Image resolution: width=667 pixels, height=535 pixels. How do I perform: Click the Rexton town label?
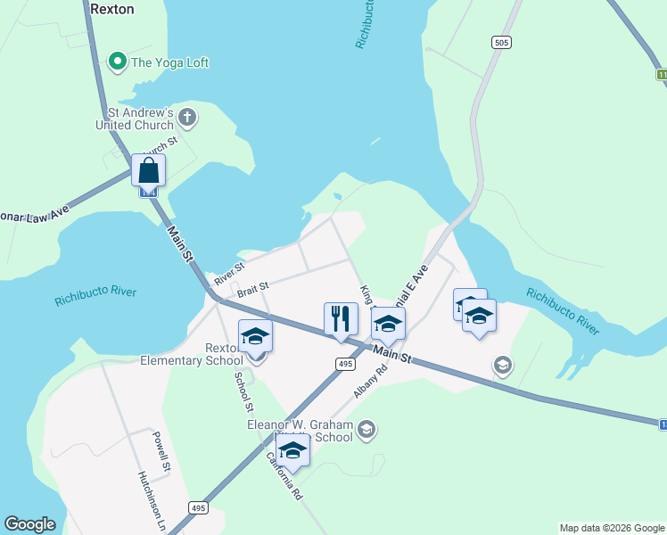coord(112,8)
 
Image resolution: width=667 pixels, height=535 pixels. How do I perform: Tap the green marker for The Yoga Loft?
coord(116,62)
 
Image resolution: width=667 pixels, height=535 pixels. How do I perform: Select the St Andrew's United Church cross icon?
coord(187,116)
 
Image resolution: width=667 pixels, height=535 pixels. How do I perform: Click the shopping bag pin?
coord(148,169)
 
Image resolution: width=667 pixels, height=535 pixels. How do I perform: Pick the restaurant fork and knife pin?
coord(341,319)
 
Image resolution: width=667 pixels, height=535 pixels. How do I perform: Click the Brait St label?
coord(252,291)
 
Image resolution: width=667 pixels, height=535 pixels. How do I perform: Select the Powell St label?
coord(161,452)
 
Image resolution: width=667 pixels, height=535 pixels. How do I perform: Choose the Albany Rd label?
coord(366,381)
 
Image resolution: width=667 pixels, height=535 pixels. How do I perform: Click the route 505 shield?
coord(499,42)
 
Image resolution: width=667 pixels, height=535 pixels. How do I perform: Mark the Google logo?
coord(29,524)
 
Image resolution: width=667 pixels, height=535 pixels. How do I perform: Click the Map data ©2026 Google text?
coord(612,528)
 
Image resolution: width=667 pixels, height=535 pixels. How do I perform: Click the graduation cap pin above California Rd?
coord(292,450)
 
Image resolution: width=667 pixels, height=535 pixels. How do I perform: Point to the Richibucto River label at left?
coord(95,296)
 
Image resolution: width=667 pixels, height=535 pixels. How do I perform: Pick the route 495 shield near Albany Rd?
coord(346,364)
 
